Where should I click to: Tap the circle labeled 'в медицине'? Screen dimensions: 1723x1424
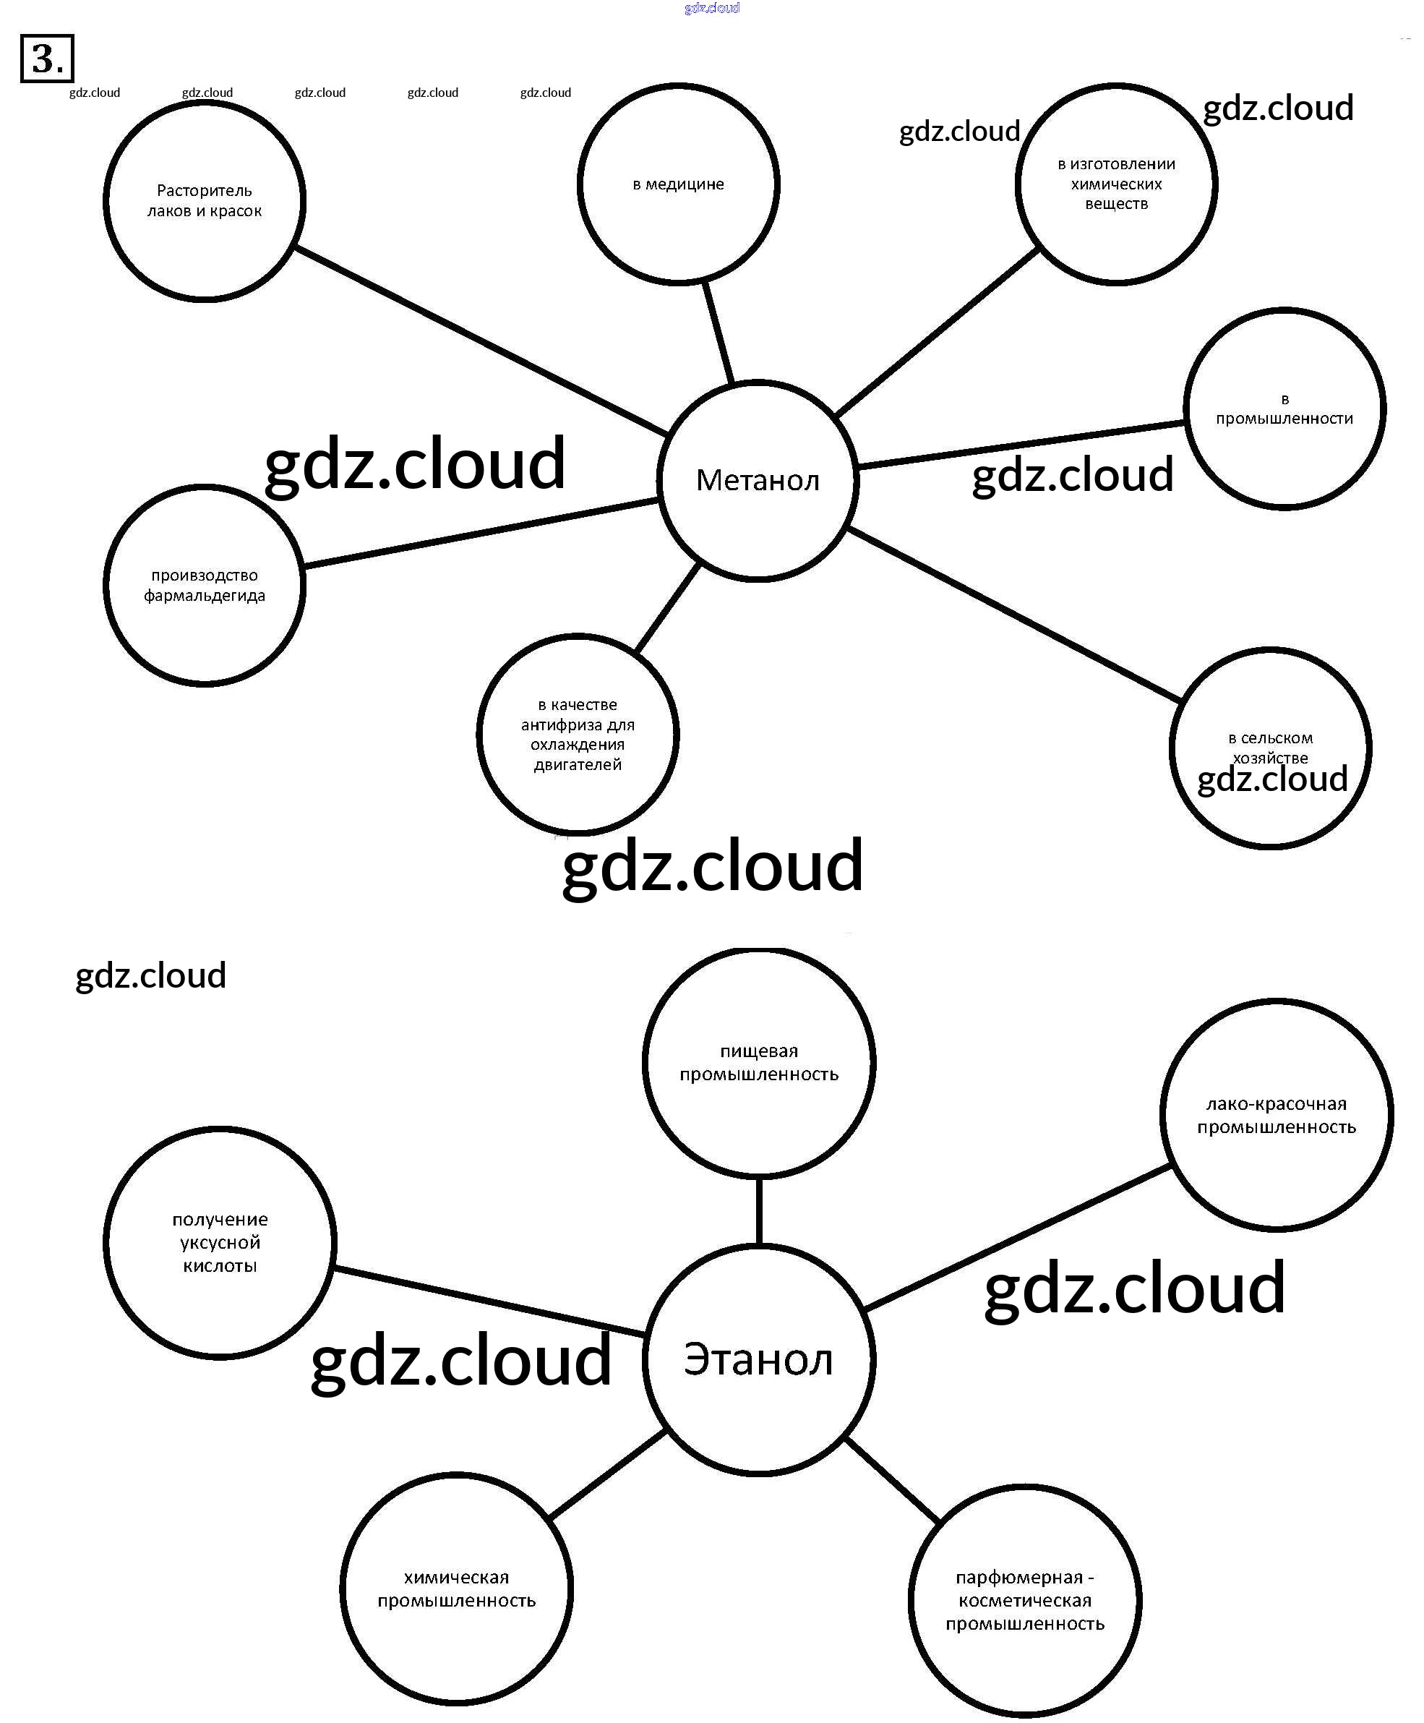(x=678, y=184)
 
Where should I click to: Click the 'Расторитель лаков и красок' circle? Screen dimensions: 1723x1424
(x=205, y=201)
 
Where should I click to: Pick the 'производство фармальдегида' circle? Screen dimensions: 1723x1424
(x=205, y=585)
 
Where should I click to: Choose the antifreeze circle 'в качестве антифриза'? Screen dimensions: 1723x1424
(x=578, y=735)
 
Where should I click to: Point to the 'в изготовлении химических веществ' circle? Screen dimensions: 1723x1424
(x=1115, y=184)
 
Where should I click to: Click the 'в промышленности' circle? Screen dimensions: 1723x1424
(x=1284, y=409)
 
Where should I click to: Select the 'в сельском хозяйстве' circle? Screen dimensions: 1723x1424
(x=1270, y=748)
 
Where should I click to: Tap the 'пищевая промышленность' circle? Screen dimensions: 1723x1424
(x=759, y=1063)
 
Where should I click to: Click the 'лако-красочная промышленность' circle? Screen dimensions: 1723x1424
(x=1277, y=1115)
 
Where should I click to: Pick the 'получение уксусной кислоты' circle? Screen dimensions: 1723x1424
(x=220, y=1242)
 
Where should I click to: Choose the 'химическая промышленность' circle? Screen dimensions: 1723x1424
(x=456, y=1589)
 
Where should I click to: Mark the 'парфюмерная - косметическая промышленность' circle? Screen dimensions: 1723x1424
(x=1024, y=1600)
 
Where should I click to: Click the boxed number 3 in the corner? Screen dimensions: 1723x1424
(x=47, y=59)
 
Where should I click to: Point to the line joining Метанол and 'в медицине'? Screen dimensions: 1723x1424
(x=718, y=333)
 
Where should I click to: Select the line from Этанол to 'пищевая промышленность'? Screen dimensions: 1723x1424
(x=759, y=1211)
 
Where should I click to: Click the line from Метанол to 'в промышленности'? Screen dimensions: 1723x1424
(x=1021, y=445)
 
